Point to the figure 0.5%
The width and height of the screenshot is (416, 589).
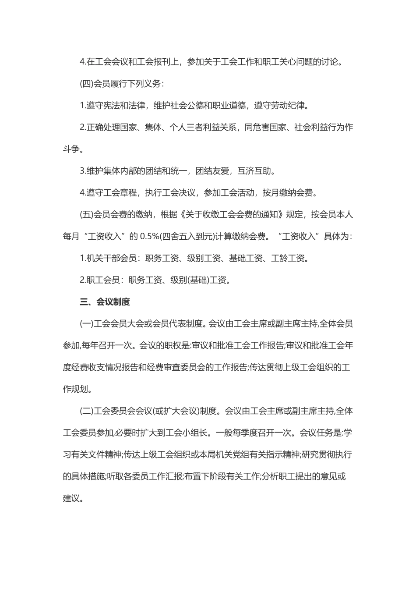(150, 237)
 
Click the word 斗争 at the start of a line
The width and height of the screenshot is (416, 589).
(71, 149)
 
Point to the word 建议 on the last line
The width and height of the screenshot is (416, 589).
(71, 498)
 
